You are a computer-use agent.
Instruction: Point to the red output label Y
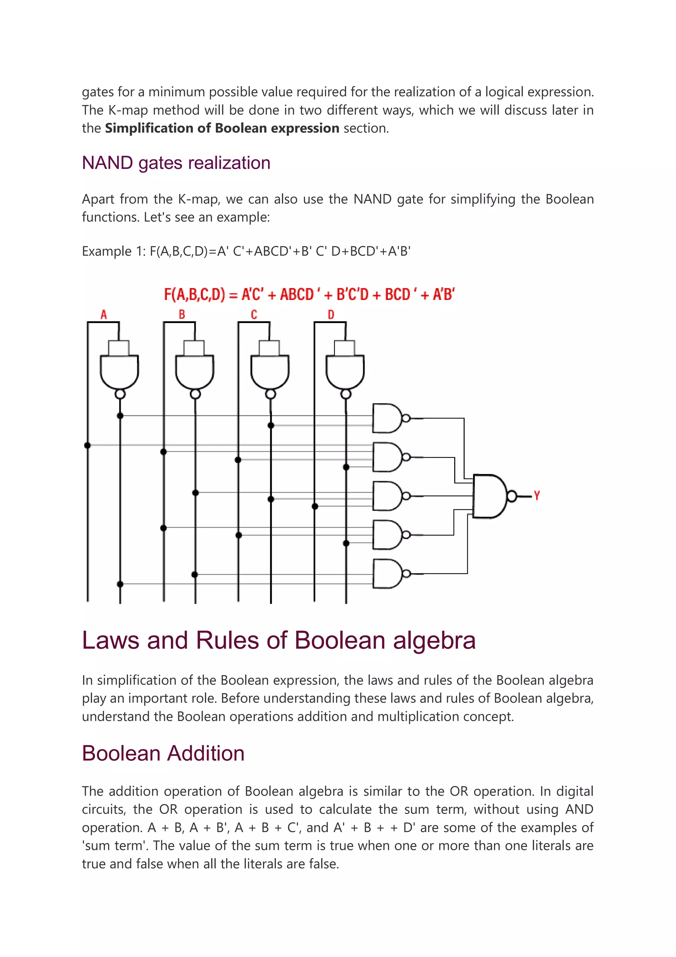[537, 495]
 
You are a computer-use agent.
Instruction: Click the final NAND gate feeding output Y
[490, 496]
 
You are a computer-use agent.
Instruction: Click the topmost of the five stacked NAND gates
[388, 418]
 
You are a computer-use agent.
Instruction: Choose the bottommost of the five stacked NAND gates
[388, 573]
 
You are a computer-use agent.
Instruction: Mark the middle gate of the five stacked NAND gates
[388, 496]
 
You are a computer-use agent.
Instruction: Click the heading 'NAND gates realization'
[176, 163]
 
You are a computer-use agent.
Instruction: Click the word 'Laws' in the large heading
[110, 640]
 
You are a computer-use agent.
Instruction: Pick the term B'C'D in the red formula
[353, 295]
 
